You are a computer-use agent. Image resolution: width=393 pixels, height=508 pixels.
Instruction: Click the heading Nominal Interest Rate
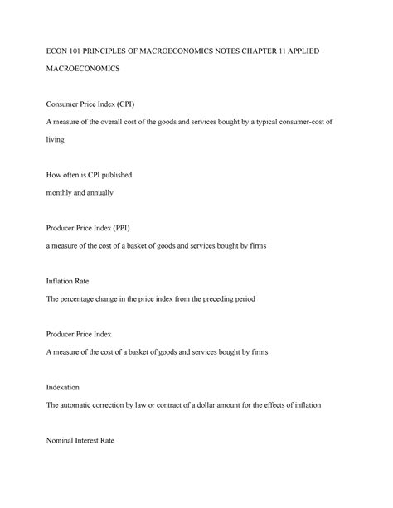coord(90,440)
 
